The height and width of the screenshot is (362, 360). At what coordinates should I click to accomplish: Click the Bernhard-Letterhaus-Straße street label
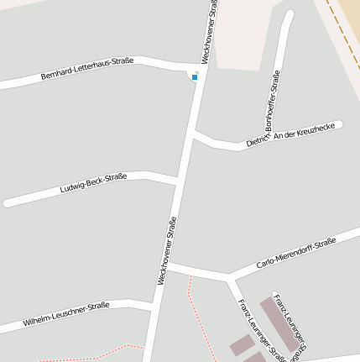pos(87,71)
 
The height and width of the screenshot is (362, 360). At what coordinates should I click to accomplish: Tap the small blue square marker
pos(195,77)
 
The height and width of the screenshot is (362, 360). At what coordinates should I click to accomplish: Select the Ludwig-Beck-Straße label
pos(93,182)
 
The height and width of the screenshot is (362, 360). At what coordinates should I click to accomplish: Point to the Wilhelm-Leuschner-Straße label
pos(66,313)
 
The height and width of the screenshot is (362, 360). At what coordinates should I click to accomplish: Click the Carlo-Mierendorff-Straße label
pos(295,253)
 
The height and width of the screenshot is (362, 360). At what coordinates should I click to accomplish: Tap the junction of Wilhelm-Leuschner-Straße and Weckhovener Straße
pos(154,305)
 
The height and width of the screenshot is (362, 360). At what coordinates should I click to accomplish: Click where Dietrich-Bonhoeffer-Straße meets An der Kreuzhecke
pos(263,139)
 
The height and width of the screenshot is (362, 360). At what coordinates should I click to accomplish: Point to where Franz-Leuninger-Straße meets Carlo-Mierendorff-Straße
pos(228,276)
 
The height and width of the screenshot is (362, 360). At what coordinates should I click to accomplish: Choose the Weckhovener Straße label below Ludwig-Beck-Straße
pos(167,249)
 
